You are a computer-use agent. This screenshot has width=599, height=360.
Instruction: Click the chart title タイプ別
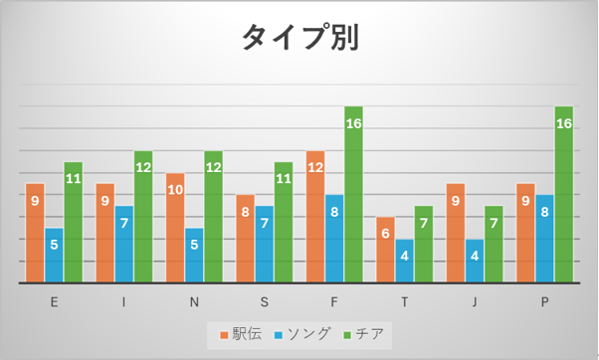[x=300, y=37]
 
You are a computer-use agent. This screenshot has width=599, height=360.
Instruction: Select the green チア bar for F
[x=354, y=195]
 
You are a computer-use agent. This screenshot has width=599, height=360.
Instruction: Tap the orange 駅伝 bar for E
[x=35, y=234]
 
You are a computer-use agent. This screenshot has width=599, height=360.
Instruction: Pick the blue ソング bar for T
[x=405, y=262]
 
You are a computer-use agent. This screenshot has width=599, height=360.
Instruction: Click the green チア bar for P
[x=564, y=195]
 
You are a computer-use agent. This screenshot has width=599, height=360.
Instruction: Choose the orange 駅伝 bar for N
[x=175, y=228]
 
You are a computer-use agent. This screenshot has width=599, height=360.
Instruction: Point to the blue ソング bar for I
[x=124, y=245]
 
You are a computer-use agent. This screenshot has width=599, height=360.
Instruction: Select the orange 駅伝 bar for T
[x=385, y=250]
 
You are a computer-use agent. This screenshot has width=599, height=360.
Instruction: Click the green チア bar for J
[x=494, y=245]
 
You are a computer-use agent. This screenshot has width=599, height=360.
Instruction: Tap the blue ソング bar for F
[x=334, y=239]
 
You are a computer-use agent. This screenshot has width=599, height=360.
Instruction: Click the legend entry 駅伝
[x=241, y=334]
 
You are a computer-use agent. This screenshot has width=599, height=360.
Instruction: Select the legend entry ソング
[x=301, y=334]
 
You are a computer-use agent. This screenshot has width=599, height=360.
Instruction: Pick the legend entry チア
[x=363, y=334]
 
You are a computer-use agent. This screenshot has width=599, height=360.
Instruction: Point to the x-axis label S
[x=265, y=302]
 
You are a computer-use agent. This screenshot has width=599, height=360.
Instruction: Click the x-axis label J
[x=475, y=302]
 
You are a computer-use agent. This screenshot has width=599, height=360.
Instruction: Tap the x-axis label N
[x=194, y=302]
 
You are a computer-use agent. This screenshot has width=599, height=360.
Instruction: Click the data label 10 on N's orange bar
[x=175, y=190]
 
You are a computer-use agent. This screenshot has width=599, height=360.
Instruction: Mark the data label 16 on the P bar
[x=564, y=123]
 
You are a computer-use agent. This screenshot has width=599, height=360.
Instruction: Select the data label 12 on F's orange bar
[x=315, y=167]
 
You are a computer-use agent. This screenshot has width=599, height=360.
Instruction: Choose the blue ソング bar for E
[x=55, y=256]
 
